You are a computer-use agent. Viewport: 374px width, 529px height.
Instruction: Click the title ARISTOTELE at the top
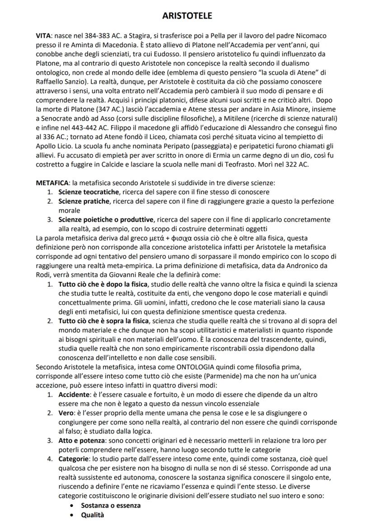click(x=187, y=16)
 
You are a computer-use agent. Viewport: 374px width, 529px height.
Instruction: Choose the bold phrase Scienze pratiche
click(x=84, y=201)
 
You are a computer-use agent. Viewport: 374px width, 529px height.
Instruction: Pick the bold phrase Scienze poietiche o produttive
click(x=106, y=220)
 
